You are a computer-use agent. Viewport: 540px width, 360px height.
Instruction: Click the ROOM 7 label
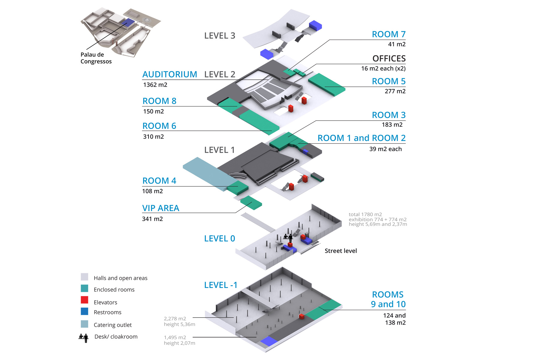pos(388,34)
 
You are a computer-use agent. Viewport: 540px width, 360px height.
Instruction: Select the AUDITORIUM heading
pos(170,74)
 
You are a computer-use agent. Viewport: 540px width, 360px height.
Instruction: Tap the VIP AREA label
pos(161,208)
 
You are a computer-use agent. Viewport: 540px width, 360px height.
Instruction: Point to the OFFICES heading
pos(389,58)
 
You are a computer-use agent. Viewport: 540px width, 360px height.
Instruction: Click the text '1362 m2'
pos(155,85)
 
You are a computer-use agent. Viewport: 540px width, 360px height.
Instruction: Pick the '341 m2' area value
pos(152,219)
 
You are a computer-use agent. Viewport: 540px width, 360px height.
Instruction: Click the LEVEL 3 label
pos(220,36)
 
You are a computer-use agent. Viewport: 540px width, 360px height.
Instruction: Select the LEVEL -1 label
pos(221,285)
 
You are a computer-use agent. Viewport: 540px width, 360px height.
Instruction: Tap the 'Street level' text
pos(341,251)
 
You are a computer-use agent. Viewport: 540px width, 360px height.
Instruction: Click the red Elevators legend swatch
pos(85,300)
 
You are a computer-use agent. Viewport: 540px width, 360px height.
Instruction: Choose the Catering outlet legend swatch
pos(85,324)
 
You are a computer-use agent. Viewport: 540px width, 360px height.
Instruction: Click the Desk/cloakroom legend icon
pos(84,338)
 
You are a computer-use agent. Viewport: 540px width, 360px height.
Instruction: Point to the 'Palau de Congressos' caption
pos(96,58)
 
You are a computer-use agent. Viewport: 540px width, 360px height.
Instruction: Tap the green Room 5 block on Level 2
pos(327,84)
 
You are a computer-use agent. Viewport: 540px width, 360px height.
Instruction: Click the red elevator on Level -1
pos(302,316)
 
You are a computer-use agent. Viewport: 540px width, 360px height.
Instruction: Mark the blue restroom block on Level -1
pos(269,341)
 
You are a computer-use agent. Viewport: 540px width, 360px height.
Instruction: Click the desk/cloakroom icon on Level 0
pos(288,238)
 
